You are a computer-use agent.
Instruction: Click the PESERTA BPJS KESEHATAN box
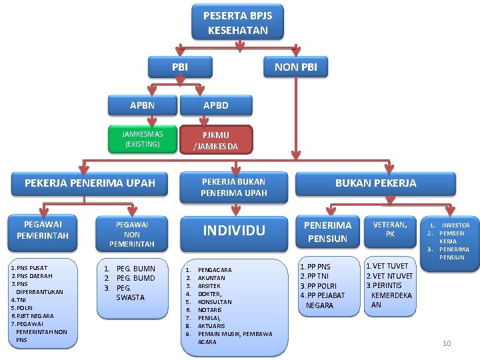[x=237, y=23]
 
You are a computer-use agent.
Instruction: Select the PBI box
[x=180, y=67]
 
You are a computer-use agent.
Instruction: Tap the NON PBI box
[x=296, y=67]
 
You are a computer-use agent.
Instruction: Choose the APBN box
[x=142, y=105]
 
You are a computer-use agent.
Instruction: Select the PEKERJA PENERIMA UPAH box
[x=90, y=183]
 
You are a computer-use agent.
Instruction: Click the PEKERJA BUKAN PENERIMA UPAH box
[x=233, y=187]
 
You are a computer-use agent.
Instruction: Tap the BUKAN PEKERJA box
[x=375, y=183]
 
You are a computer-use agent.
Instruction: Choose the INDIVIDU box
[x=234, y=231]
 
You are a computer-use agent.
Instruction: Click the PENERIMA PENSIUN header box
[x=327, y=232]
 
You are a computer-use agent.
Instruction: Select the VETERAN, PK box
[x=390, y=229]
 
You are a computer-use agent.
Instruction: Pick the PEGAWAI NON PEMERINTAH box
[x=132, y=234]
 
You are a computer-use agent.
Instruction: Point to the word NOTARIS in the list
[x=211, y=310]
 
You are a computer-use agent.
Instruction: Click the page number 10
[x=447, y=343]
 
